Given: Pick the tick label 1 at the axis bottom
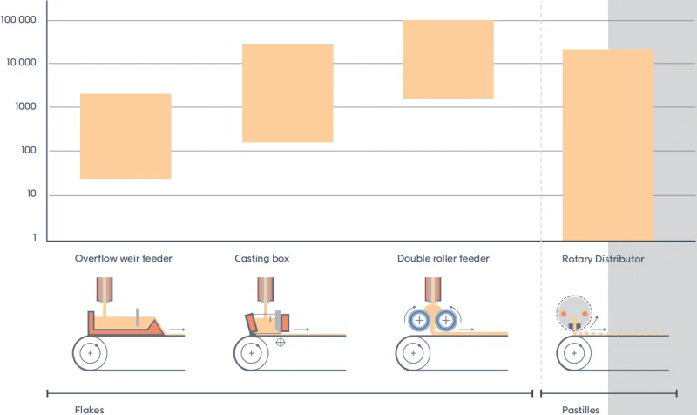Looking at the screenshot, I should click(35, 238).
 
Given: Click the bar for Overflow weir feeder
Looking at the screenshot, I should click(125, 136).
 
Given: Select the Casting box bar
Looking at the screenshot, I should click(288, 93).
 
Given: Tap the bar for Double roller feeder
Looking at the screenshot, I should click(448, 59).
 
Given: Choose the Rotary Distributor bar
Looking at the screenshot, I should click(608, 145).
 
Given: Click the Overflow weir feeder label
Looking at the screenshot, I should click(124, 259).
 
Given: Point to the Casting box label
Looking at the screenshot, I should click(261, 259).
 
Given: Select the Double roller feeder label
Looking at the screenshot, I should click(443, 259).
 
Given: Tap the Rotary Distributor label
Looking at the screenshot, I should click(603, 259).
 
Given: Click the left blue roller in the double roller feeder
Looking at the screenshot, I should click(421, 320).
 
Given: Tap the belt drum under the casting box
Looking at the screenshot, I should click(252, 353).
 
